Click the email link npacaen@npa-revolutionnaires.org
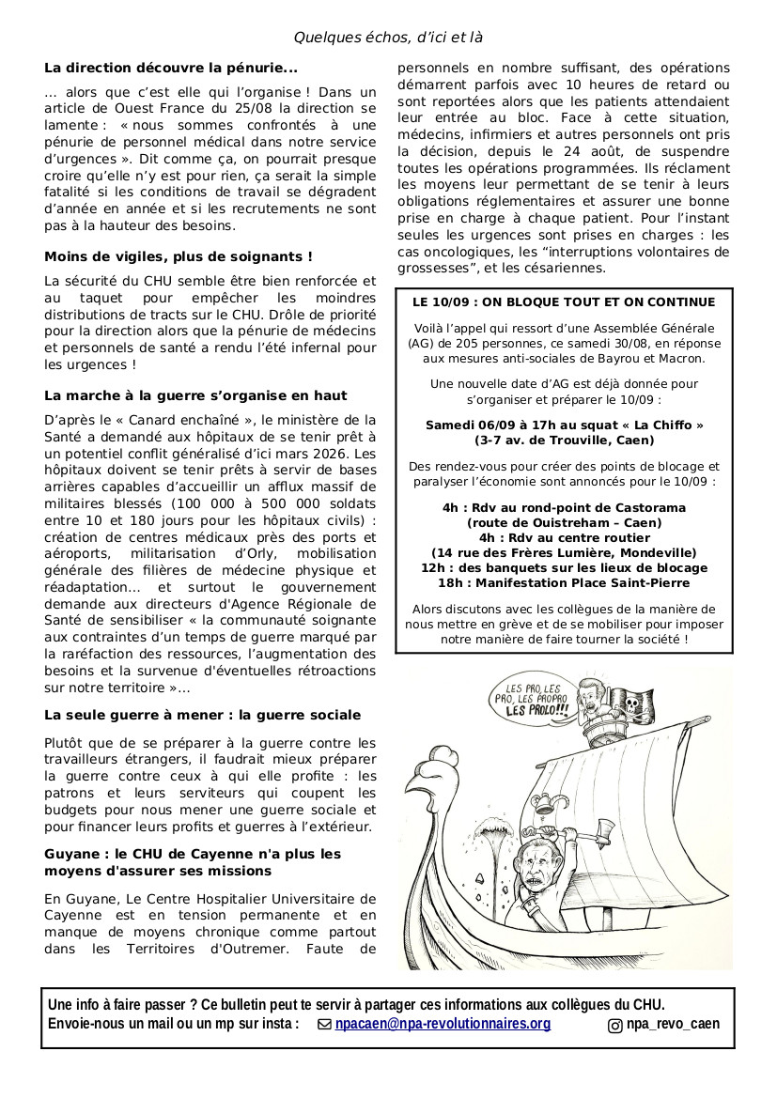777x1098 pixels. [x=443, y=1024]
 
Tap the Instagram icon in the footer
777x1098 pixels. [x=615, y=1025]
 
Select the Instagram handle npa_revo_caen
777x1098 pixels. [x=673, y=1024]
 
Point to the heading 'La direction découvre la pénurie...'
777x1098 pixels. [x=170, y=68]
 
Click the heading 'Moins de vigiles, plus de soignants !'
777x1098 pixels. [x=179, y=255]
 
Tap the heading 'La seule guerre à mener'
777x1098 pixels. [x=202, y=715]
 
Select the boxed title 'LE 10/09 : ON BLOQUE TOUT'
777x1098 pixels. [x=564, y=302]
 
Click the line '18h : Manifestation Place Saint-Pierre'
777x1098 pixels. [x=564, y=583]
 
